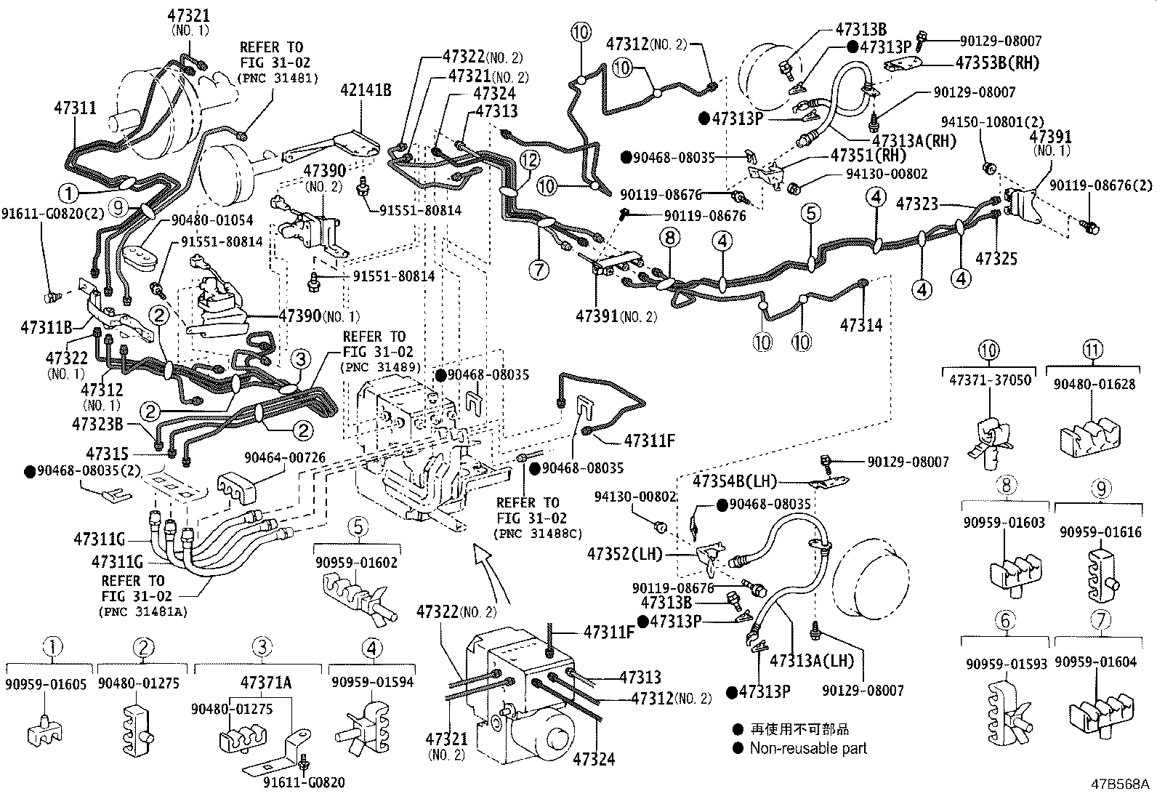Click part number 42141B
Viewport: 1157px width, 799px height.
coord(366,90)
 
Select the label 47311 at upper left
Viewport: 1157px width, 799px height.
coord(75,108)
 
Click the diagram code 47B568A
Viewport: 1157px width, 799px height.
coord(1119,784)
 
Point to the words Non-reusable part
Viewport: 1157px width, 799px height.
coord(808,747)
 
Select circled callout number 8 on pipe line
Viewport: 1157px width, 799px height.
coord(670,238)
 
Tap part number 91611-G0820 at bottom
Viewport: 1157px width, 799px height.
coord(303,782)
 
